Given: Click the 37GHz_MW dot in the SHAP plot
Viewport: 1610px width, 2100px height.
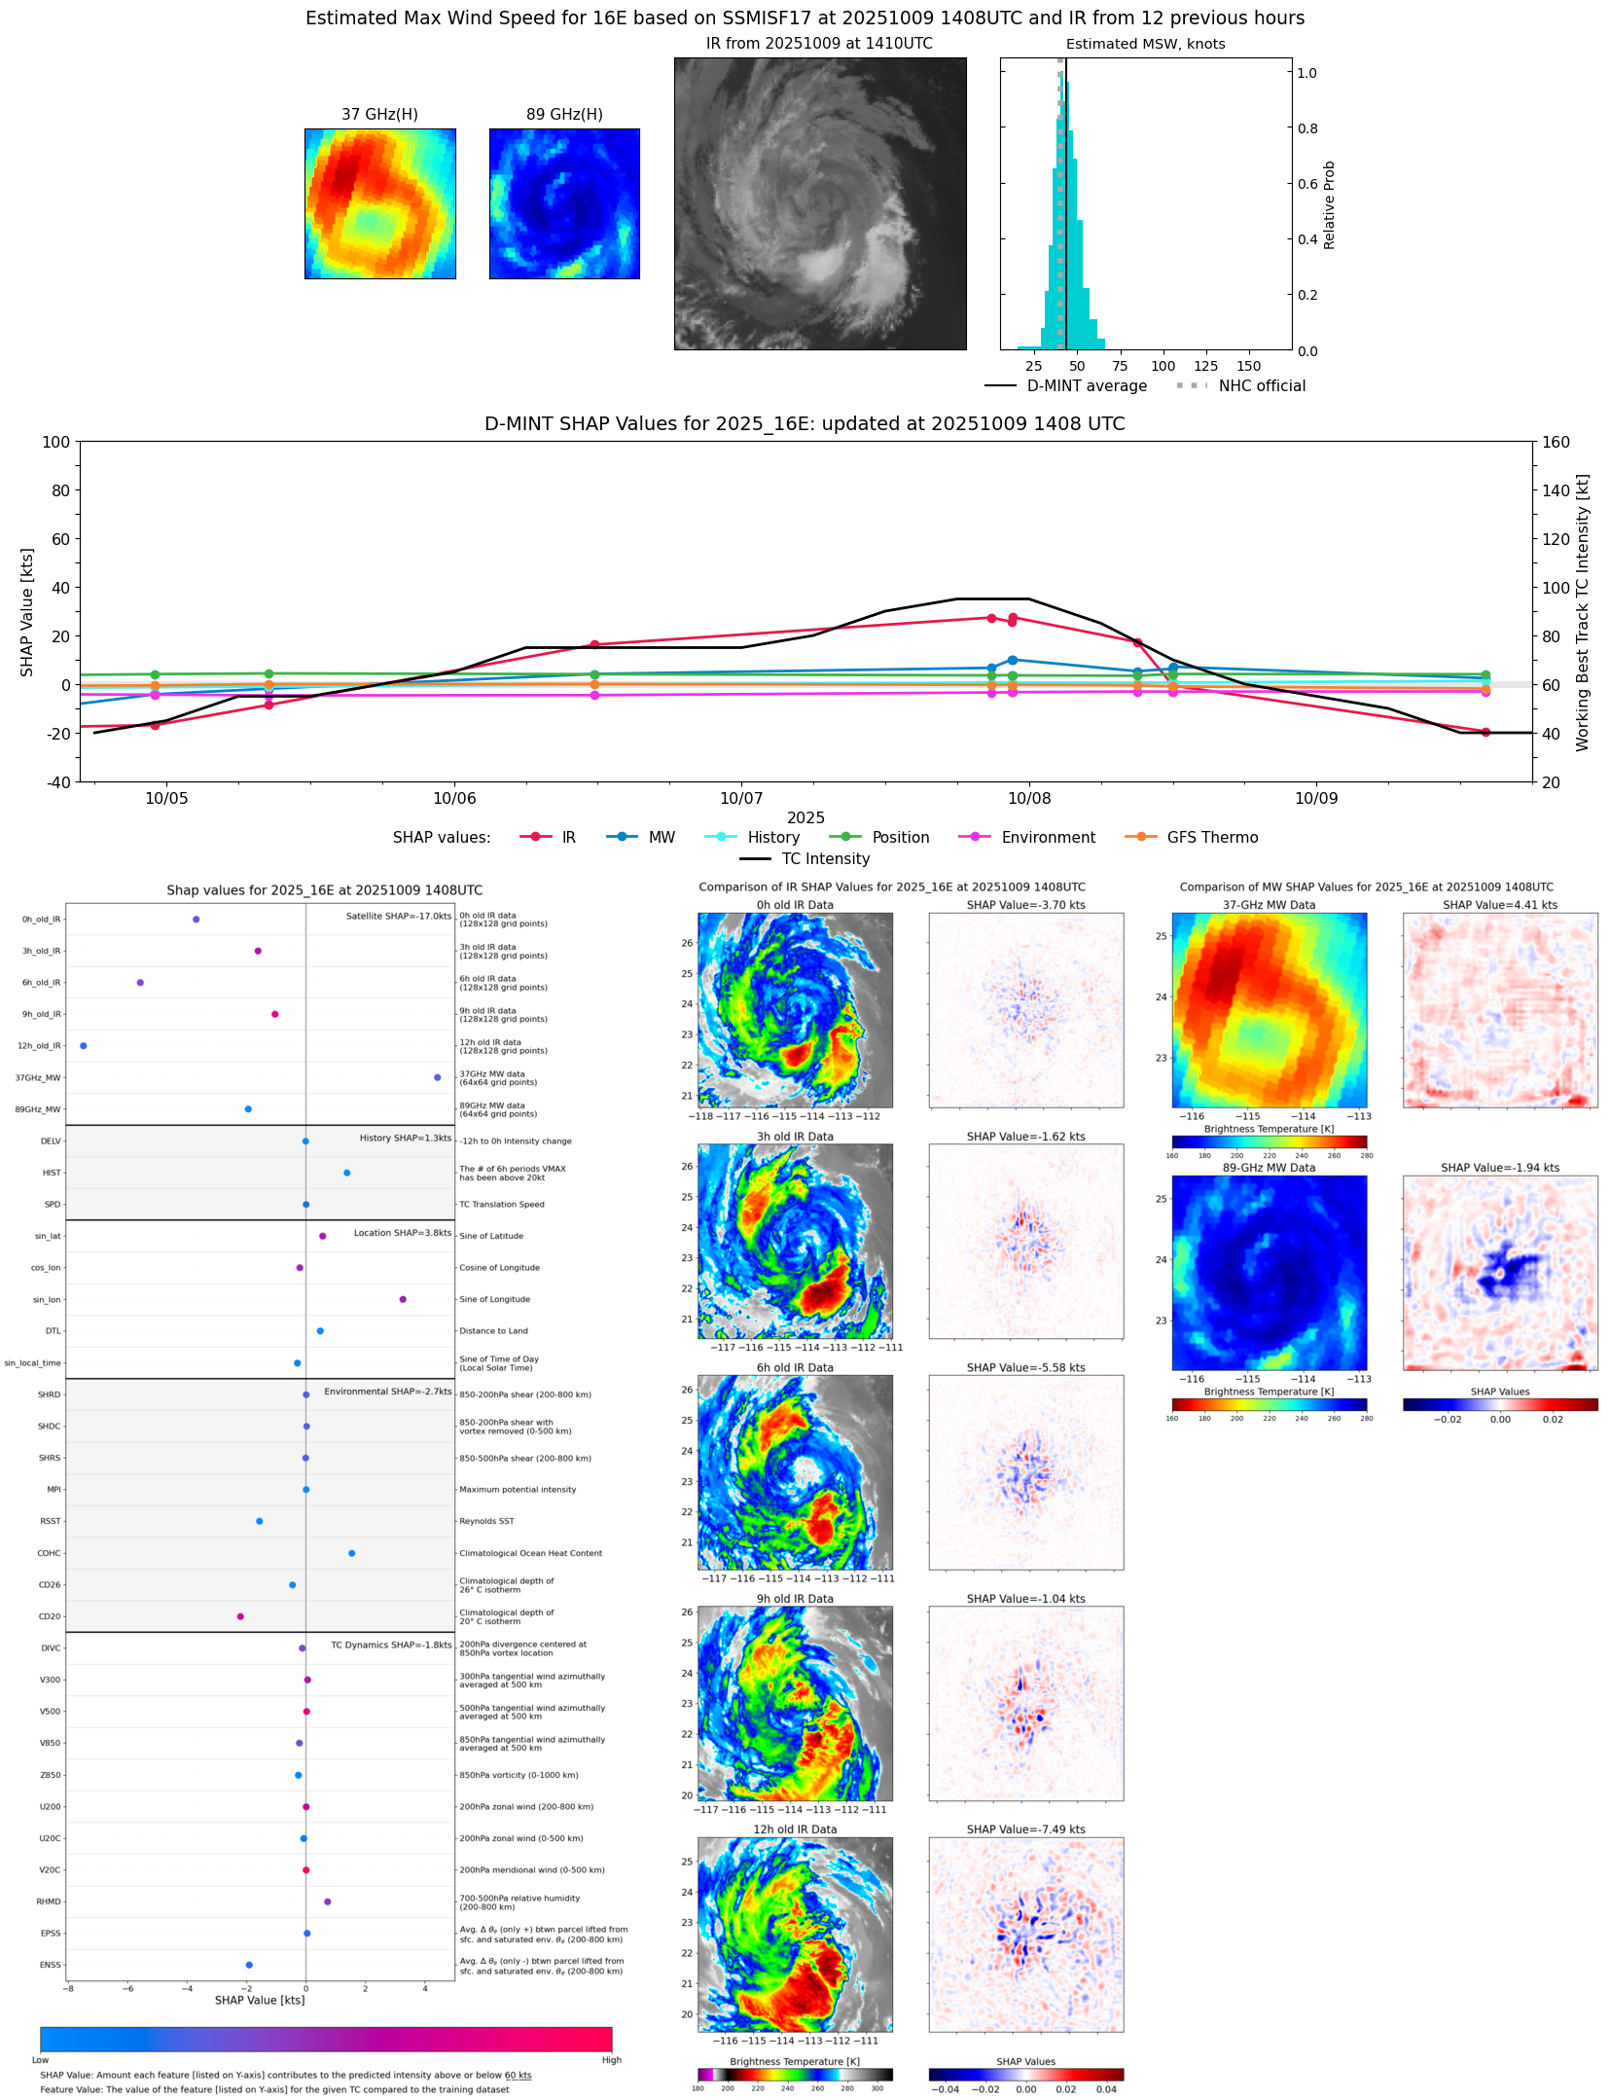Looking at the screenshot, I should (437, 1077).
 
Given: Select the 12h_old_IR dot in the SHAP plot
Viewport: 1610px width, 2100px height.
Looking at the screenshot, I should (83, 1046).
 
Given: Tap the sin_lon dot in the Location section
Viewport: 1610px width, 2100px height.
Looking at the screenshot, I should (403, 1299).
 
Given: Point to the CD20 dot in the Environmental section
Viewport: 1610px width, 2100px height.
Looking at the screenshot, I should (240, 1616).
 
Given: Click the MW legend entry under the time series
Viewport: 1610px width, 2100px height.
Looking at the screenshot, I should (661, 838).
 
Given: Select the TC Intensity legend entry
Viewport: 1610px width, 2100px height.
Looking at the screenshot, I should (825, 859).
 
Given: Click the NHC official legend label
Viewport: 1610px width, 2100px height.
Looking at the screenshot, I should (1261, 386).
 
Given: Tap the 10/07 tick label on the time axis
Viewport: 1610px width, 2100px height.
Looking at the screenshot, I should (741, 799).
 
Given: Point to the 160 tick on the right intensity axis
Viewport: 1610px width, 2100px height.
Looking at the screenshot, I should (1556, 442).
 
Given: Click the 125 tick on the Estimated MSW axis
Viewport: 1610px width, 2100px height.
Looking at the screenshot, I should (1205, 367).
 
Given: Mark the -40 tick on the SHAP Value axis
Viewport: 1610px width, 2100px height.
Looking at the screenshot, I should (55, 782).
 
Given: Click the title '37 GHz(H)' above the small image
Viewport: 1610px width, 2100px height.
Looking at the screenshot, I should (379, 115).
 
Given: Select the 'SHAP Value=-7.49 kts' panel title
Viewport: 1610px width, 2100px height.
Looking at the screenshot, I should (1025, 1829).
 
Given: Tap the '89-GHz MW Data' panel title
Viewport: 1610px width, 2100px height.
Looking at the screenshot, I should (1269, 1168).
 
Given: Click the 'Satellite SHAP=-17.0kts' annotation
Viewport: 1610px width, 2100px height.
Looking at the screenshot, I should (398, 917).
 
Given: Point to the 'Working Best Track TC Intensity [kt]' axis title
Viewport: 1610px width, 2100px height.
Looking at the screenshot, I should (1583, 612).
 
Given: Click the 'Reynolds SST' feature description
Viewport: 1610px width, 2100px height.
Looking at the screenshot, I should (486, 1521).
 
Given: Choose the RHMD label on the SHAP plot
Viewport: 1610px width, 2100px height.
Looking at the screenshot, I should (49, 1901).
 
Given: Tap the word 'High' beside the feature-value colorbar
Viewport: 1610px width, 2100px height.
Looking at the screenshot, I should (611, 2060).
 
